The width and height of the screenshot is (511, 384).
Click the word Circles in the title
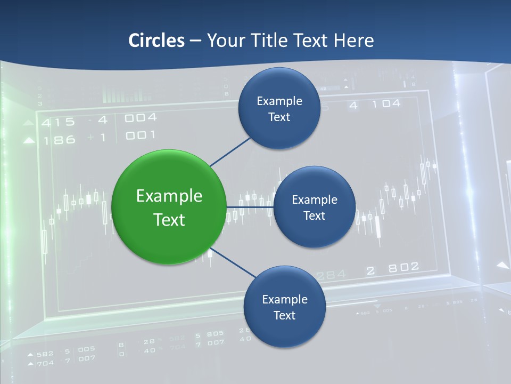pyautogui.click(x=156, y=41)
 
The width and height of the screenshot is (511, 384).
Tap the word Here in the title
pyautogui.click(x=353, y=41)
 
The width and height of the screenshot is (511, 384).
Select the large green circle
pyautogui.click(x=169, y=207)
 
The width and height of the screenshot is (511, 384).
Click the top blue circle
pyautogui.click(x=279, y=108)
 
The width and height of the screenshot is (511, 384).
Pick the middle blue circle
pyautogui.click(x=314, y=207)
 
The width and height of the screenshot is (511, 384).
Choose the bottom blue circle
pyautogui.click(x=284, y=307)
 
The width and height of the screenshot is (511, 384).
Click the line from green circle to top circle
pyautogui.click(x=230, y=152)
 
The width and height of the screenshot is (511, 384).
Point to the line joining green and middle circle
pyautogui.click(x=249, y=207)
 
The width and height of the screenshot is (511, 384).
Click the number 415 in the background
pyautogui.click(x=59, y=122)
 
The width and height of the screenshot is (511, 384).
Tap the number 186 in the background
pyautogui.click(x=60, y=141)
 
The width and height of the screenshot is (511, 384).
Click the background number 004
pyautogui.click(x=141, y=117)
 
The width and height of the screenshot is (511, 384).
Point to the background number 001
pyautogui.click(x=140, y=135)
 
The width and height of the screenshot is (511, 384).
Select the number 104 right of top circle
pyautogui.click(x=386, y=103)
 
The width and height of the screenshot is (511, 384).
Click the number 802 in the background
pyautogui.click(x=403, y=268)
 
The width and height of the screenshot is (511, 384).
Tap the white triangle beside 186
pyautogui.click(x=29, y=141)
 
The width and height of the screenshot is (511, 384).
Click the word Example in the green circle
pyautogui.click(x=169, y=196)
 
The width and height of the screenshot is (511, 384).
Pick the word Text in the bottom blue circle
pyautogui.click(x=284, y=315)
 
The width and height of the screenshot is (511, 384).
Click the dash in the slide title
pyautogui.click(x=195, y=41)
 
